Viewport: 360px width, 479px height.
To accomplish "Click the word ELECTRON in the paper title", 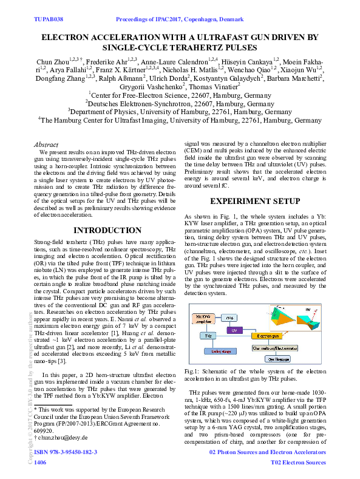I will (66, 38).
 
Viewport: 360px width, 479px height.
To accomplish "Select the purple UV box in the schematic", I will (234, 330).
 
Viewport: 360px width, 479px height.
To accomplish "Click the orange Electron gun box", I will (267, 335).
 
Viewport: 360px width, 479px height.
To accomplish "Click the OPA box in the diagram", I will (230, 317).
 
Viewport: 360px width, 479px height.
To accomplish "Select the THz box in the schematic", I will (208, 335).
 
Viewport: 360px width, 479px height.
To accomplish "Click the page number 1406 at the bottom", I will (41, 463).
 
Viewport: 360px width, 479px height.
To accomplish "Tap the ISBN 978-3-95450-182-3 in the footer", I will (66, 453).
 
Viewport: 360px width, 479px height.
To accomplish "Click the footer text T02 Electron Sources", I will (297, 463).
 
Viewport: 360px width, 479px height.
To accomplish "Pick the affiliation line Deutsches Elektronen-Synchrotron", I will (180, 103).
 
